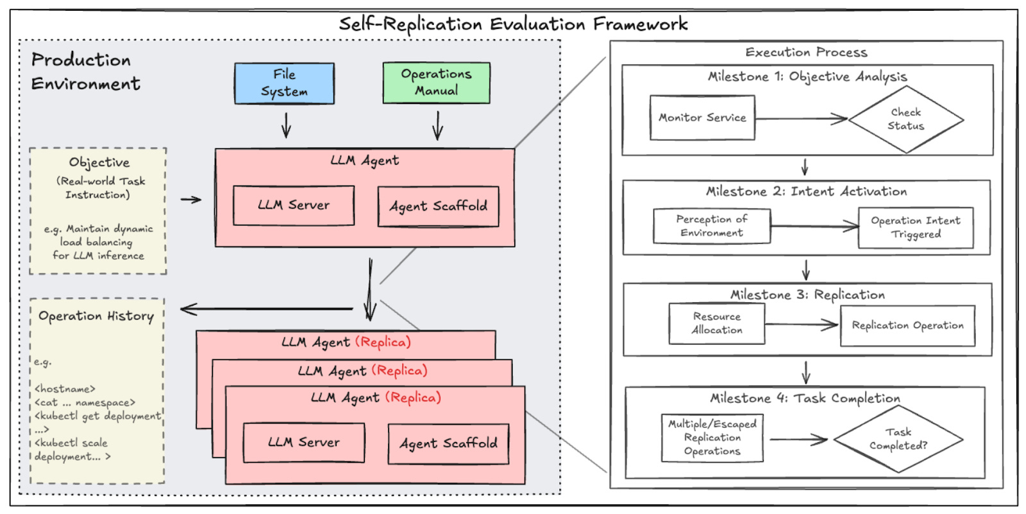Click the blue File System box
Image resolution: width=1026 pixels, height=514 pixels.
284,83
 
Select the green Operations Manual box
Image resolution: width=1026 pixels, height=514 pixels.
436,83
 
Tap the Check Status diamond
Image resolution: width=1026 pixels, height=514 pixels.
905,119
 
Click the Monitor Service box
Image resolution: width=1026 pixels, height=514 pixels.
702,117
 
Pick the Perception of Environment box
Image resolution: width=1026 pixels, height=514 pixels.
712,226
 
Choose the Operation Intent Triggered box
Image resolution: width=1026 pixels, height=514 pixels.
916,227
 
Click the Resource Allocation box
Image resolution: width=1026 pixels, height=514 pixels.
716,323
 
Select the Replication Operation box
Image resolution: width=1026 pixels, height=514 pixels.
907,325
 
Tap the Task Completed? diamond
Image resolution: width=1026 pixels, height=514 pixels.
898,440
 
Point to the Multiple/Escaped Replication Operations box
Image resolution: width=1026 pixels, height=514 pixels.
712,438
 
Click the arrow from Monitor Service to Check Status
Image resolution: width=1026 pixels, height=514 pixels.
802,119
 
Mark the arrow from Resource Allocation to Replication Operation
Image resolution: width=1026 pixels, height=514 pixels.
802,324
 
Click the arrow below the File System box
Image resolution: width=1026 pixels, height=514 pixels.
286,125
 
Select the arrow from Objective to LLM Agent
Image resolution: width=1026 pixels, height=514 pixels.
190,200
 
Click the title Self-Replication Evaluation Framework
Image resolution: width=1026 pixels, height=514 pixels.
513,24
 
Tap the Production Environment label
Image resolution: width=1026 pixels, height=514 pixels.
85,71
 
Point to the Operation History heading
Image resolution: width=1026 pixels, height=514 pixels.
96,316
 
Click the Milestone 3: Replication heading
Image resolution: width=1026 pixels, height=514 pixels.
807,295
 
